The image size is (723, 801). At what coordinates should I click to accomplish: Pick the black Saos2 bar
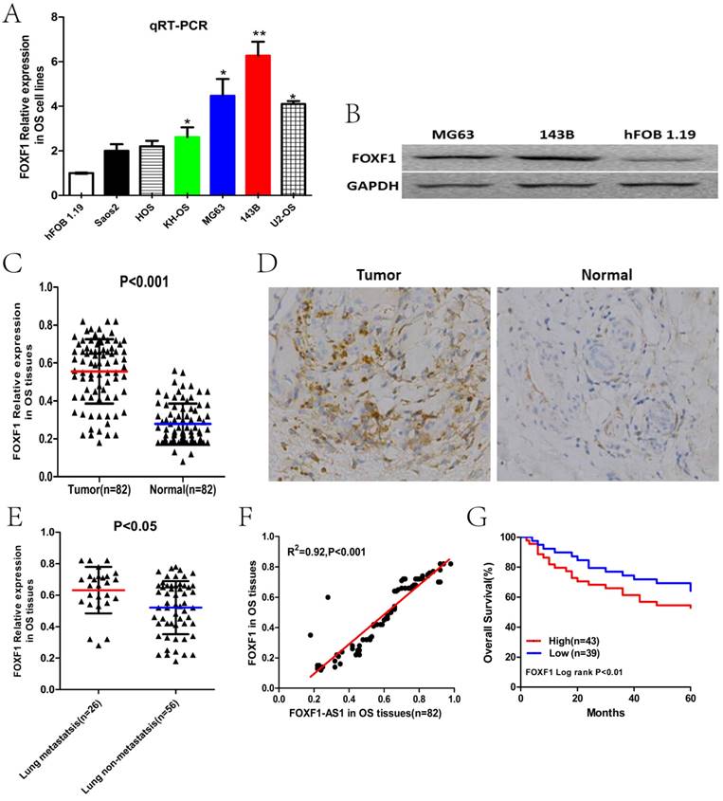116,173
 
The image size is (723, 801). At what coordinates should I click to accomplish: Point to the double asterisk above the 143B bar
259,33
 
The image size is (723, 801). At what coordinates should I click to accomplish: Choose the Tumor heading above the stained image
380,275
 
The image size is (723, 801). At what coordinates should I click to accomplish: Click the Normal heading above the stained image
604,275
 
